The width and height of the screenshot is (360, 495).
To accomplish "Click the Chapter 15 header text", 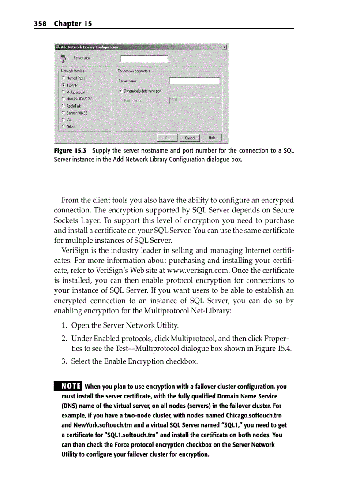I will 73,23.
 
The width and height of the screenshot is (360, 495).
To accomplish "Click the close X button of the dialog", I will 225,47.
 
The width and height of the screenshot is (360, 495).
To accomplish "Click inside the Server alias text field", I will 144,58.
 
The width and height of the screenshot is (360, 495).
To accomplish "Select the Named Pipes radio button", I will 64,78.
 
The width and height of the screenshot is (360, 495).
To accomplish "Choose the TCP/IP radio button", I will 64,85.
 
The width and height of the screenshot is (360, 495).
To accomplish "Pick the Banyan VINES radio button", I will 64,113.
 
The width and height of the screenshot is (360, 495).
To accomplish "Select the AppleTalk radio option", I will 64,106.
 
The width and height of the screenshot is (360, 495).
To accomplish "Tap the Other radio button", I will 64,127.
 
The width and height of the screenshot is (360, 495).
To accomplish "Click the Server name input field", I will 194,81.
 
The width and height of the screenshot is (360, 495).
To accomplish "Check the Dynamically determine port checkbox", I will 120,91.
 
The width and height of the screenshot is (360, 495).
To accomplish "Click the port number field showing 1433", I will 194,100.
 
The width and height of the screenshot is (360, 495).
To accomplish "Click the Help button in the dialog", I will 212,138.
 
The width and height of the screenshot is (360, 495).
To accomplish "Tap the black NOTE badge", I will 67,387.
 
